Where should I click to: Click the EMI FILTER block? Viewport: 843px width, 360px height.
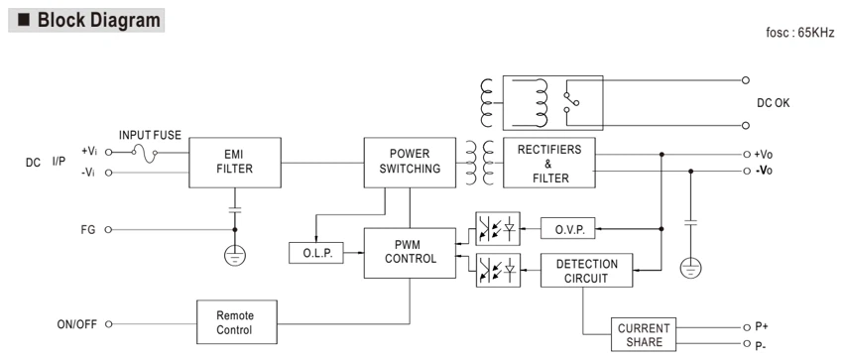tap(235, 163)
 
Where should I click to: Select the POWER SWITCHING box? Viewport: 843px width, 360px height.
tap(410, 163)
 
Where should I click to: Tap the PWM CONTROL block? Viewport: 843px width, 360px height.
tap(410, 253)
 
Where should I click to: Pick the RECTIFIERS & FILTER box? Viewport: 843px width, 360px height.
tap(548, 163)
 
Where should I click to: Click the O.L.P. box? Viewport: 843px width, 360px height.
tap(316, 253)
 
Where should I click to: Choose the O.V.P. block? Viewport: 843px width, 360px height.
tap(567, 228)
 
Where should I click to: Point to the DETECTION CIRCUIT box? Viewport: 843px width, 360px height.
tap(586, 271)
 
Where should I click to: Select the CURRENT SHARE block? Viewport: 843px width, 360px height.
tap(644, 335)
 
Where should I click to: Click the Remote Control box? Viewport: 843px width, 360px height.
tap(237, 322)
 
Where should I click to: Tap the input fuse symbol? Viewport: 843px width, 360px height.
tap(144, 153)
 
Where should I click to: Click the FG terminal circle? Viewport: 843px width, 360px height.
tap(108, 230)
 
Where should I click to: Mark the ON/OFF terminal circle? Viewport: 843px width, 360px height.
tap(108, 324)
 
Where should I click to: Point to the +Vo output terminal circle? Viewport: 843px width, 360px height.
tap(746, 154)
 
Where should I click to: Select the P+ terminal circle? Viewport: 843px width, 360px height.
tap(746, 327)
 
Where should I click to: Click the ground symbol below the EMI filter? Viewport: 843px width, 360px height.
tap(234, 255)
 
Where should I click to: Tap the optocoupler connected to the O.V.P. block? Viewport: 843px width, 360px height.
tap(498, 229)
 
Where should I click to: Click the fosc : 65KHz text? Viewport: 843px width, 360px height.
tap(800, 33)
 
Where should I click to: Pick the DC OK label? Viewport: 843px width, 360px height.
tap(774, 103)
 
